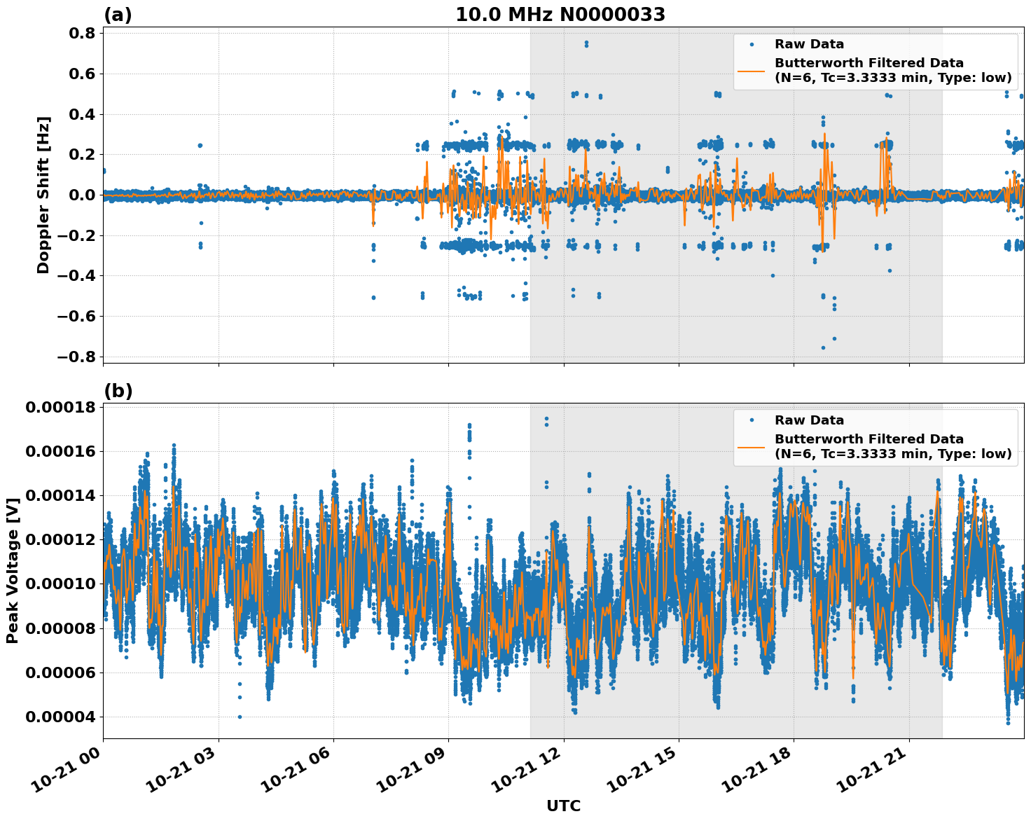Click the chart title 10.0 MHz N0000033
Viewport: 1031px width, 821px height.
point(560,15)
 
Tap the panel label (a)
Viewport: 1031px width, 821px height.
point(118,15)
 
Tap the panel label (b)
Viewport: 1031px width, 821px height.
point(118,391)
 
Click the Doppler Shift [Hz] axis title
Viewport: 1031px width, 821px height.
point(43,195)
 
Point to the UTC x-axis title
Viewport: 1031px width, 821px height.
point(563,806)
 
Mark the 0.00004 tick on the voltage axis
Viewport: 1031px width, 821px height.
point(60,717)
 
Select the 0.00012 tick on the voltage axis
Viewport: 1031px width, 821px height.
point(60,540)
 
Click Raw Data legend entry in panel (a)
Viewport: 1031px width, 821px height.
point(809,44)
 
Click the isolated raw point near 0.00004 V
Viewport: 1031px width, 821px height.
point(240,717)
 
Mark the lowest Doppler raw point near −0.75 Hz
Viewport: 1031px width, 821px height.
point(823,347)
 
